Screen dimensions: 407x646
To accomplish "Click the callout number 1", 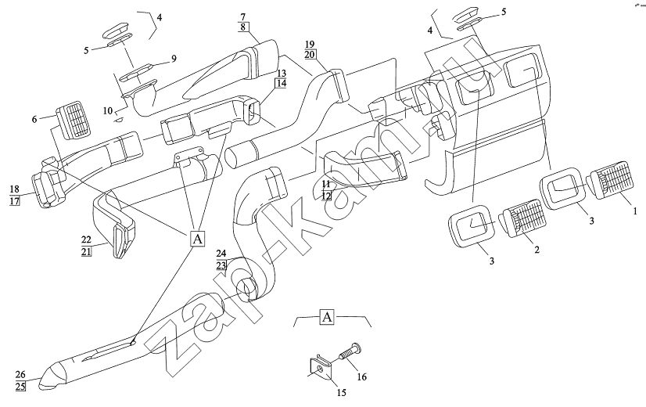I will pos(636,210).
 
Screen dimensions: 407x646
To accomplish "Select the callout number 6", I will pos(34,118).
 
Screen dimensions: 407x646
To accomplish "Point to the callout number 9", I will pos(174,58).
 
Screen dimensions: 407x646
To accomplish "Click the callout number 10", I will pos(109,110).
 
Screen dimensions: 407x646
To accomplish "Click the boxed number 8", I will pos(242,27).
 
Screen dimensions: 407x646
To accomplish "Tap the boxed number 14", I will pos(281,83).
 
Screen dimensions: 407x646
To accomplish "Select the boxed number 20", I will pos(310,55).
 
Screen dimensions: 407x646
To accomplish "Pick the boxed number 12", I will pos(327,195).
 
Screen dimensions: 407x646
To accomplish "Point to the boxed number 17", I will pos(14,201).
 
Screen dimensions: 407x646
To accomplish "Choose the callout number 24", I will pos(221,254).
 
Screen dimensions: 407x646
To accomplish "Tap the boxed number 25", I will pos(20,386).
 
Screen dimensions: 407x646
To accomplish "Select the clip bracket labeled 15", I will pos(317,367).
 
